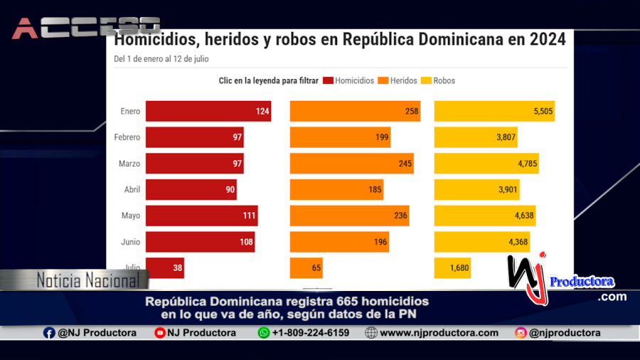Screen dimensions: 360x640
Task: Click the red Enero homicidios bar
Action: [x=208, y=111]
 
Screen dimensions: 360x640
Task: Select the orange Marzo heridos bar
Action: [x=351, y=164]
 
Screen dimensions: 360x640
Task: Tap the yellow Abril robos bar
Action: [x=476, y=189]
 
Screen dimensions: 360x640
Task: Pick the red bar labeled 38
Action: [x=165, y=268]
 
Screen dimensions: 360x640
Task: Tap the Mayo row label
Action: [x=130, y=216]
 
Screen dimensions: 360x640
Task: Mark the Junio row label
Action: [x=130, y=242]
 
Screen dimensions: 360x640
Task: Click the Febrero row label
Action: [x=127, y=137]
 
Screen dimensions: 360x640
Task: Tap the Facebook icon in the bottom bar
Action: [x=49, y=332]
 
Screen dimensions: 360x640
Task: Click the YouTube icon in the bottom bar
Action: [x=160, y=332]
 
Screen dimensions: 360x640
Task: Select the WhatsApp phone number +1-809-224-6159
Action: [x=310, y=332]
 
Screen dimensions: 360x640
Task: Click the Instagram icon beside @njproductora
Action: [x=521, y=332]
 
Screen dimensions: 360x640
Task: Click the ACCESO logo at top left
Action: [x=85, y=28]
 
